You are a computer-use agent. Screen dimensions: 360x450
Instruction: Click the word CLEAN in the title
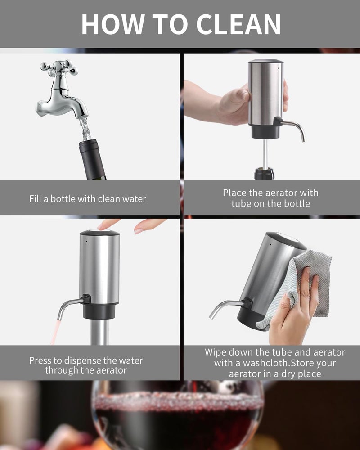(238, 24)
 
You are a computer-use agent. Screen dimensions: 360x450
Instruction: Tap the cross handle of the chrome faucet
(59, 68)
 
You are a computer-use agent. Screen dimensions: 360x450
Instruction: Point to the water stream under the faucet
(85, 128)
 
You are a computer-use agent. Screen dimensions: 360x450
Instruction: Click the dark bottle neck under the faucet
(92, 160)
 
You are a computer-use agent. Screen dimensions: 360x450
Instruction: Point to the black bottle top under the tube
(264, 174)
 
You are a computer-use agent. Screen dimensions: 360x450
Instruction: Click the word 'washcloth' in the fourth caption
(267, 363)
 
